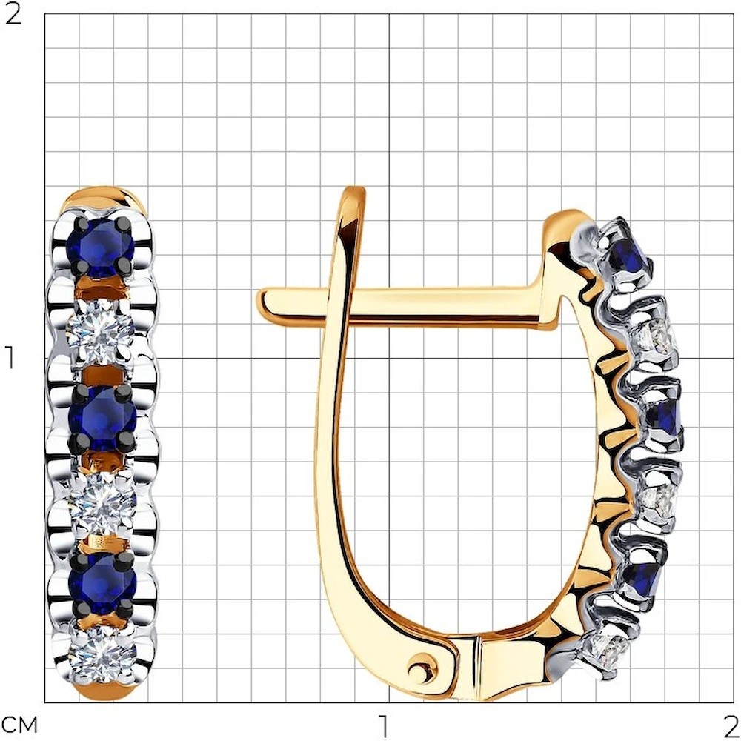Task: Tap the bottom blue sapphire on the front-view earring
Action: click(x=102, y=584)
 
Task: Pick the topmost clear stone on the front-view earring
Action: click(x=101, y=332)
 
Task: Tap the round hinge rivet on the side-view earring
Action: click(x=423, y=668)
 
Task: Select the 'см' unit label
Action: click(x=19, y=725)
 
